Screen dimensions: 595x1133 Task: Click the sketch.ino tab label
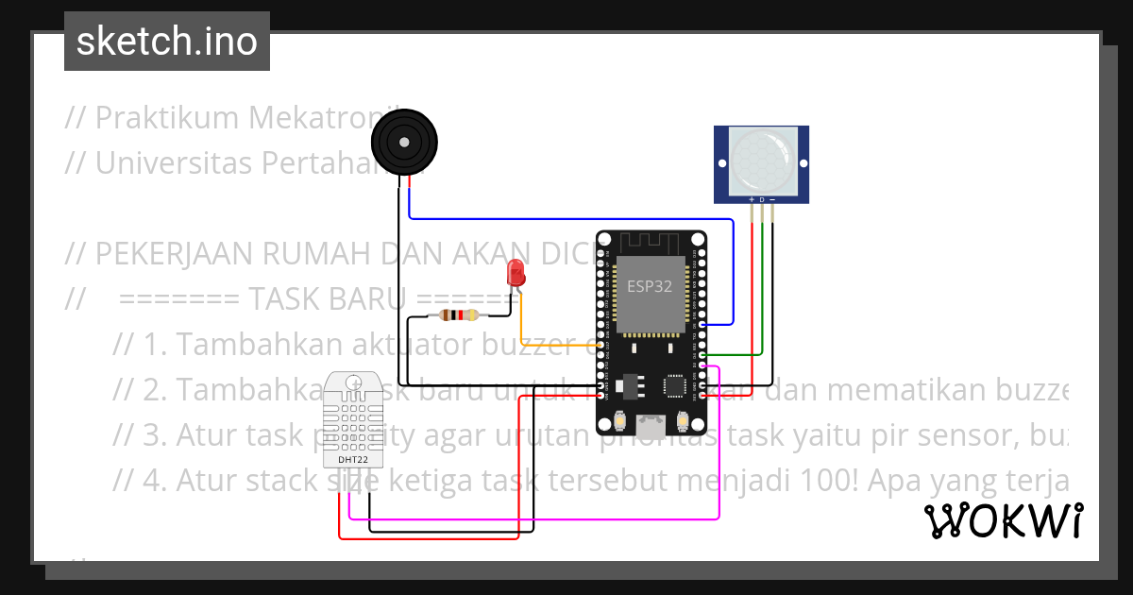166,42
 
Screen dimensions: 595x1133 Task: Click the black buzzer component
405,143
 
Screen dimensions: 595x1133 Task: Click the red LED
516,273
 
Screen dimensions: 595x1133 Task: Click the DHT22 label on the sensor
354,460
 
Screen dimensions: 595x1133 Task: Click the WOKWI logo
1003,520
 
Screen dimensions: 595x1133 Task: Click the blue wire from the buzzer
566,219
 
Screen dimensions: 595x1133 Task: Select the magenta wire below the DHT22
529,518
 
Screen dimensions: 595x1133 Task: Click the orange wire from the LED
557,346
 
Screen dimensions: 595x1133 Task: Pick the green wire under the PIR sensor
762,283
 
